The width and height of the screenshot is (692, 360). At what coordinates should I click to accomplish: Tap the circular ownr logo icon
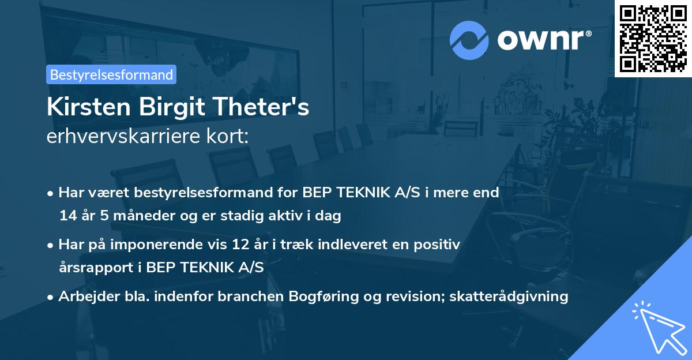pyautogui.click(x=469, y=40)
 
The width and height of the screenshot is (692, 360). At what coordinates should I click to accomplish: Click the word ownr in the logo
pyautogui.click(x=544, y=40)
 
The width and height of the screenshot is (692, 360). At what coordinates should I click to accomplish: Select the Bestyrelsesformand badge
pyautogui.click(x=111, y=74)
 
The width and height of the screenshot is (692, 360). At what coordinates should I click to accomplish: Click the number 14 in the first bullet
pyautogui.click(x=67, y=216)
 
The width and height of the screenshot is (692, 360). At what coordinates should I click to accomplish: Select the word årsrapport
pyautogui.click(x=88, y=268)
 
